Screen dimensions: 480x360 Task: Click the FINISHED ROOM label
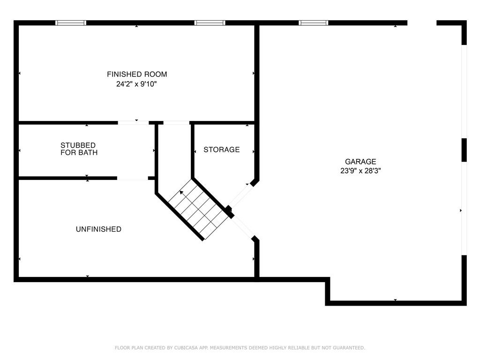tap(137, 74)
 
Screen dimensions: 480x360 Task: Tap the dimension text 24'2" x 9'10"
tap(136, 84)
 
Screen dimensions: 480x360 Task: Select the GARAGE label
tap(360, 162)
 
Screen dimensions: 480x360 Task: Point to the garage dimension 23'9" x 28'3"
tap(360, 171)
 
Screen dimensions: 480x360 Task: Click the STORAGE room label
tap(222, 150)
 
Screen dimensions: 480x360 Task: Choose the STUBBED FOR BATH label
tap(79, 149)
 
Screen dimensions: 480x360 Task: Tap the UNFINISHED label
tap(98, 229)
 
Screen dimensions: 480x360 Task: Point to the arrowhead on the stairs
tap(181, 192)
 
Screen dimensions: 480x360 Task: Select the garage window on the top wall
tap(313, 22)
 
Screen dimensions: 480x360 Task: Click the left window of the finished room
tap(71, 22)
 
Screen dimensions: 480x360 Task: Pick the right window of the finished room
tap(210, 22)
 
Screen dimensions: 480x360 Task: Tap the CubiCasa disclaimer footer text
tap(240, 348)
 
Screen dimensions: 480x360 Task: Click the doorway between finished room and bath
tap(133, 123)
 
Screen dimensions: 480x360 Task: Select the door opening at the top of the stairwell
tap(176, 123)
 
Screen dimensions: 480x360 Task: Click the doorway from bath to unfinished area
tap(133, 178)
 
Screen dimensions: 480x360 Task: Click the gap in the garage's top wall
tap(422, 22)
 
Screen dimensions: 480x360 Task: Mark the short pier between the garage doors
tap(464, 150)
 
